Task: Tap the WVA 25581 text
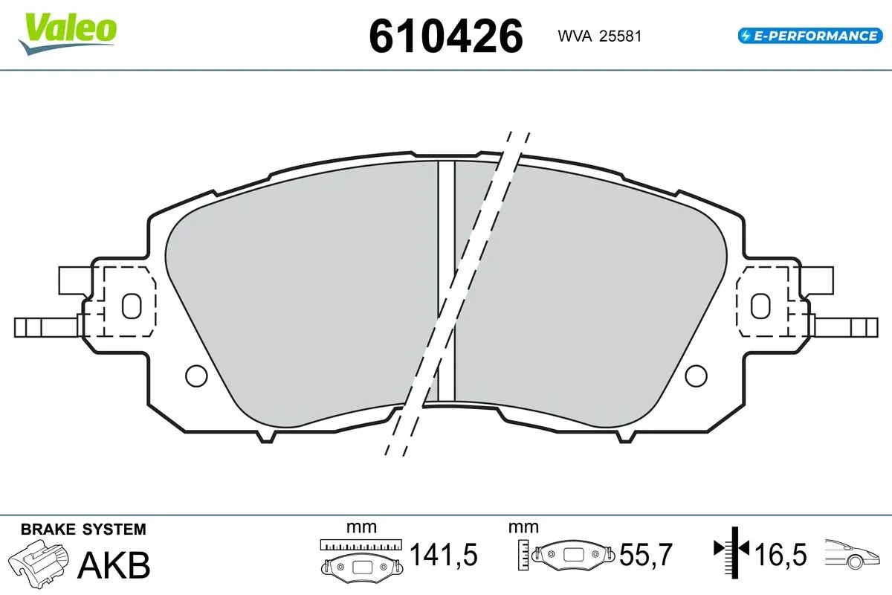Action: click(x=595, y=36)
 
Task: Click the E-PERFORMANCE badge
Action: click(x=808, y=35)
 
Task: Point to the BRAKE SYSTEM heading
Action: click(x=83, y=530)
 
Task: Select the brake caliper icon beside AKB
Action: click(x=41, y=563)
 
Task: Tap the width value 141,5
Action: click(x=444, y=555)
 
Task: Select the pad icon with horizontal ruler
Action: click(x=361, y=558)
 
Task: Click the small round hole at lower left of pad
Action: click(x=195, y=376)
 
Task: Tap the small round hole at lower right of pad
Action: click(x=696, y=376)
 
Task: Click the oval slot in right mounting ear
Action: click(x=760, y=305)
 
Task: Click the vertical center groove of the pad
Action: click(x=446, y=279)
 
